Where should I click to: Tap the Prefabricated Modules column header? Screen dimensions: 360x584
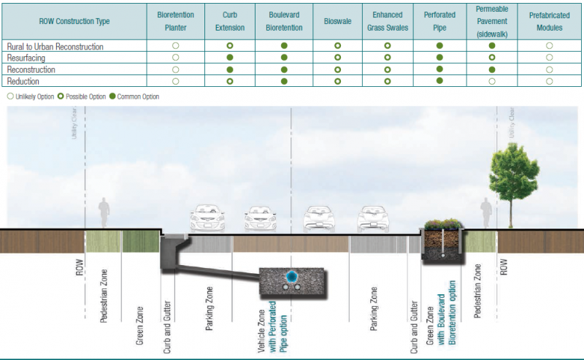(x=549, y=21)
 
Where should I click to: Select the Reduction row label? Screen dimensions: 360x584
(x=25, y=80)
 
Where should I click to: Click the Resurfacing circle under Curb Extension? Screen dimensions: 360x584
(x=229, y=57)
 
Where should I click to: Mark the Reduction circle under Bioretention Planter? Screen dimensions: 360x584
(x=175, y=81)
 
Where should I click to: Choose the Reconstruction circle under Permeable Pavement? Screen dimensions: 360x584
(x=492, y=69)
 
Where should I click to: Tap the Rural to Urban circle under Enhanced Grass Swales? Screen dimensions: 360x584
(x=388, y=46)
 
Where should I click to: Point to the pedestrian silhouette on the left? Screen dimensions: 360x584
(x=105, y=213)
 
